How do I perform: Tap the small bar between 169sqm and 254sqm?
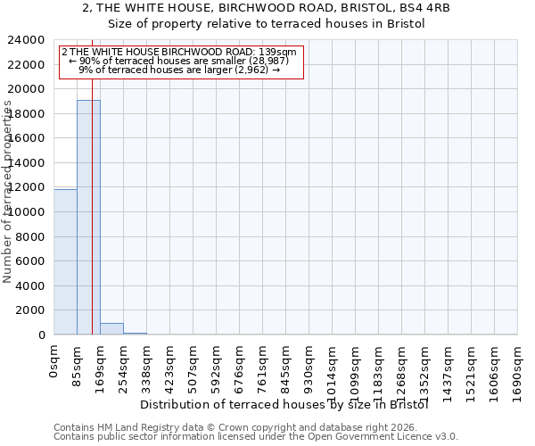pyautogui.click(x=111, y=328)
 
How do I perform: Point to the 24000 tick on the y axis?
pyautogui.click(x=29, y=40)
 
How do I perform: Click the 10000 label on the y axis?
pyautogui.click(x=29, y=212)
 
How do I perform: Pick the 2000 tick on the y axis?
pyautogui.click(x=32, y=310)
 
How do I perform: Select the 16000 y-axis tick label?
pyautogui.click(x=29, y=138)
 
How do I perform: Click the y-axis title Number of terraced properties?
pyautogui.click(x=8, y=192)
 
